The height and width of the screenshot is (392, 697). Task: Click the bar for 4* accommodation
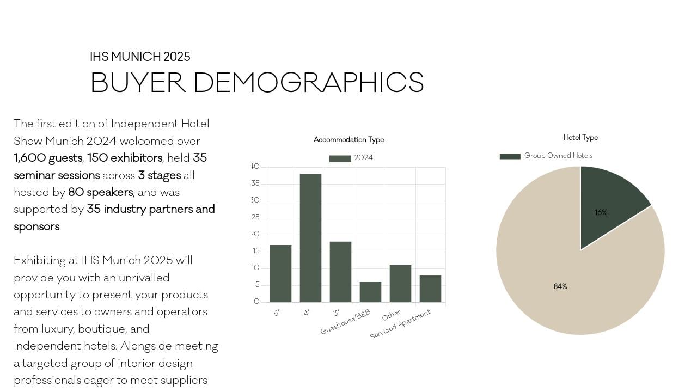[x=310, y=238]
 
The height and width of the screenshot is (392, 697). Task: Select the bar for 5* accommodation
[x=280, y=273]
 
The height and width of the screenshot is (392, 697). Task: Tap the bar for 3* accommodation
[x=340, y=272]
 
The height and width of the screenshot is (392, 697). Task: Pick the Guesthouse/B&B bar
[x=370, y=292]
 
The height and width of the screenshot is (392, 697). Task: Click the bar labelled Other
[x=400, y=284]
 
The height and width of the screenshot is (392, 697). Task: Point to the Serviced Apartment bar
[x=430, y=289]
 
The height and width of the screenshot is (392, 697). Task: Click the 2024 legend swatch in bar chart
[x=340, y=158]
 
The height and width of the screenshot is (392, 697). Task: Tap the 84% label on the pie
[x=560, y=286]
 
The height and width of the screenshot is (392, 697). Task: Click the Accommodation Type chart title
[x=348, y=140]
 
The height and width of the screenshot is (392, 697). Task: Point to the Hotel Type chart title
[x=580, y=138]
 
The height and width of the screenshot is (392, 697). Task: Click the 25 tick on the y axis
[x=255, y=217]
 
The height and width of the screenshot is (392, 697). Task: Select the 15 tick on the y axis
[x=255, y=251]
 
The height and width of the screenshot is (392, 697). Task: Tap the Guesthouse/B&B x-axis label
[x=346, y=322]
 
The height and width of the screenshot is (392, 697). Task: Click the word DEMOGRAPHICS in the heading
[x=308, y=83]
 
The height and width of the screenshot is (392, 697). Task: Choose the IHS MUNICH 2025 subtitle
[x=140, y=57]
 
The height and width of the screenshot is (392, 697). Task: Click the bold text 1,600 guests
[x=48, y=158]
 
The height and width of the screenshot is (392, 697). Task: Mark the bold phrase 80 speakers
[x=100, y=192]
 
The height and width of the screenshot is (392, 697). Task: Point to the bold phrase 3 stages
[x=159, y=175]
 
